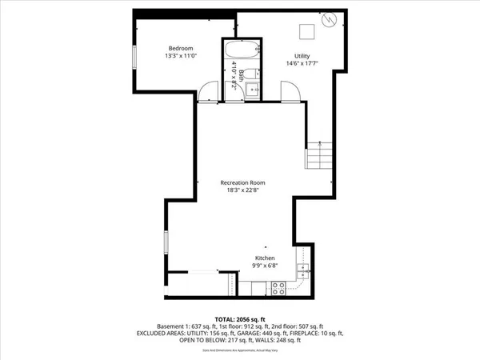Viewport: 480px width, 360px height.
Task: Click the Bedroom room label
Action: pyautogui.click(x=178, y=47)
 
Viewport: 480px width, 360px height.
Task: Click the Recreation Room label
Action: pyautogui.click(x=243, y=183)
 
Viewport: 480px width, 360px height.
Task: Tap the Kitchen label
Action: pyautogui.click(x=265, y=258)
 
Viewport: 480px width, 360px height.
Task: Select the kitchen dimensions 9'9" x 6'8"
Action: pyautogui.click(x=265, y=267)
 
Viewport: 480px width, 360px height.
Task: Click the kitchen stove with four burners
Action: pyautogui.click(x=279, y=287)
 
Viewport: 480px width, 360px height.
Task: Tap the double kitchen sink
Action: pyautogui.click(x=302, y=270)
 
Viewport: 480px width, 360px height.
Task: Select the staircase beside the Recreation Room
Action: pyautogui.click(x=319, y=154)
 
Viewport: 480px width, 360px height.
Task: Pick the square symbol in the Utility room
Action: pyautogui.click(x=306, y=31)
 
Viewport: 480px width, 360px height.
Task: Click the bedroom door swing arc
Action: pyautogui.click(x=208, y=91)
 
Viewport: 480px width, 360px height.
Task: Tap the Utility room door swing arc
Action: pyautogui.click(x=290, y=91)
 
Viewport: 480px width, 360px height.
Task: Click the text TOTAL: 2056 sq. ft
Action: pyautogui.click(x=240, y=319)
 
